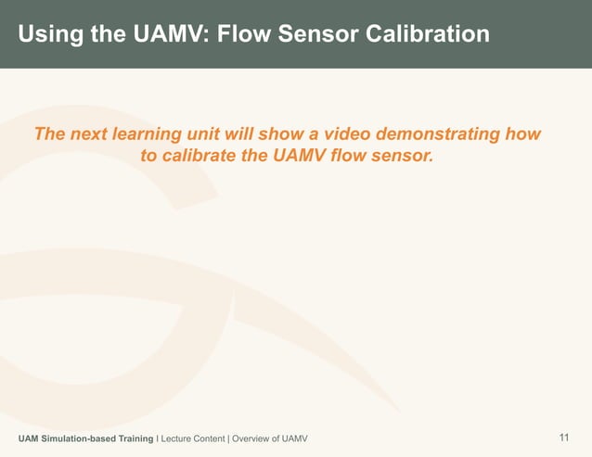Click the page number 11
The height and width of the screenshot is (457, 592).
point(564,438)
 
